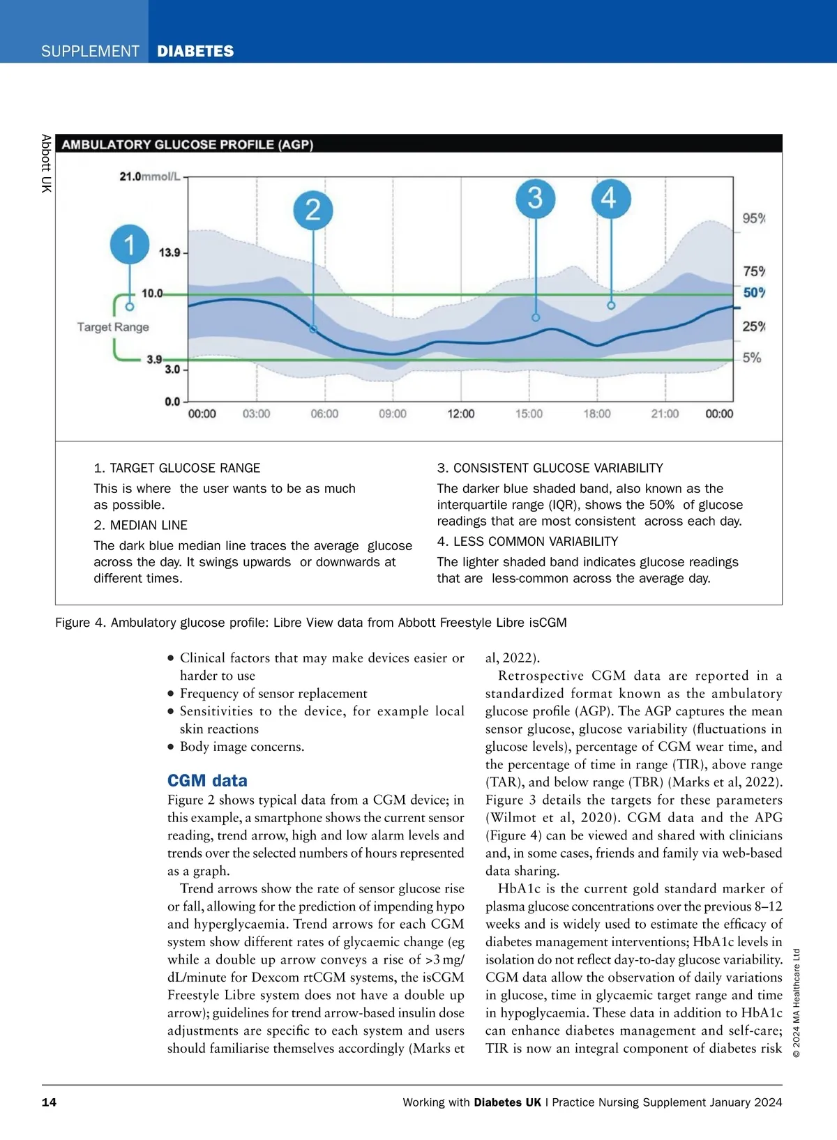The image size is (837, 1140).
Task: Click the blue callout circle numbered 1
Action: tap(130, 245)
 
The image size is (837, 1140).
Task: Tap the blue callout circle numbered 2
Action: tap(313, 210)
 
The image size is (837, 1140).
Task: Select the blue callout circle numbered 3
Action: tap(535, 198)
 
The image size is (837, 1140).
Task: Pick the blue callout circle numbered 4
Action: tap(611, 198)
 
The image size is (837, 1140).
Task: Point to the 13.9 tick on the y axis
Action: tap(169, 252)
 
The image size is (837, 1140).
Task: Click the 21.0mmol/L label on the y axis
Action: tap(149, 176)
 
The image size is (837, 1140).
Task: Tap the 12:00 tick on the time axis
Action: tap(460, 414)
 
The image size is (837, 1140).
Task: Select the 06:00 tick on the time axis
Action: tap(324, 414)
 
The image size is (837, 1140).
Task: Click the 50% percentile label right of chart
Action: tap(753, 293)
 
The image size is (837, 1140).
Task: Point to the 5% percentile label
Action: tap(751, 358)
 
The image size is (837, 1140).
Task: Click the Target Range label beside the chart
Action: tap(113, 327)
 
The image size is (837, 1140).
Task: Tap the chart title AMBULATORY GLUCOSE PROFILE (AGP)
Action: tap(188, 145)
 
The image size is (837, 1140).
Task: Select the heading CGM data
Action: tap(207, 781)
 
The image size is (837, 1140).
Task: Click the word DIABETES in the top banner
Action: tap(195, 51)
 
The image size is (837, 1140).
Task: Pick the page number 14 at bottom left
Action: tap(49, 1102)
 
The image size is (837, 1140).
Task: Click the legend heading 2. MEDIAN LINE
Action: tap(140, 525)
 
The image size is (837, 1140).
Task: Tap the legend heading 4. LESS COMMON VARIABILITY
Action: tap(527, 542)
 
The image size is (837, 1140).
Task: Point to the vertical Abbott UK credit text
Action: tap(46, 163)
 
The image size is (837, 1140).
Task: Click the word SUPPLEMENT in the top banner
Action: tap(90, 51)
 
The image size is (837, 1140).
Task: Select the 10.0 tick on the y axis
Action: tap(152, 293)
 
